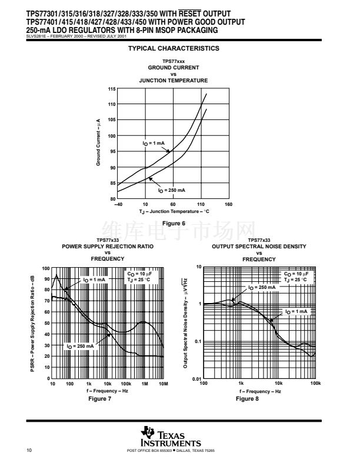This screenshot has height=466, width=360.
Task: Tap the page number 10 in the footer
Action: point(29,451)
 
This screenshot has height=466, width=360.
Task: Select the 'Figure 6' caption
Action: point(173,223)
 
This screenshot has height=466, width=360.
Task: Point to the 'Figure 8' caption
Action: point(247,398)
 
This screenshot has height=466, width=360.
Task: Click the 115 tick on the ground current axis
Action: point(112,89)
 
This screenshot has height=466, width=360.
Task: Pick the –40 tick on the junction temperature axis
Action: point(118,204)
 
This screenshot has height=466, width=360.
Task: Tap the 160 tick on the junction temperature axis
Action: point(228,204)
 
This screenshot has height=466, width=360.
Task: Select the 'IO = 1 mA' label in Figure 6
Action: point(154,143)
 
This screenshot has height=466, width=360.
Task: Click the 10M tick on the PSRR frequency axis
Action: point(163,383)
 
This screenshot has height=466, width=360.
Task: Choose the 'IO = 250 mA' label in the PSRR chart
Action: point(80,347)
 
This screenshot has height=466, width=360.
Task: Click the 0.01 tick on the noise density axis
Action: point(196,378)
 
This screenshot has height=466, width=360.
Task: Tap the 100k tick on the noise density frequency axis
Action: point(315,383)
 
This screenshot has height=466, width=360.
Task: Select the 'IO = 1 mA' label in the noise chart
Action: point(296,311)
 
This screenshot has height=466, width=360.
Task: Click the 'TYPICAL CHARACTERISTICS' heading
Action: point(174,48)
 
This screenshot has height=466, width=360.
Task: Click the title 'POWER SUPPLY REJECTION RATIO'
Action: point(108,247)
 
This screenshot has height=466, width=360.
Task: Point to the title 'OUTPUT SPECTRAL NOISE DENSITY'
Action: point(259,247)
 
